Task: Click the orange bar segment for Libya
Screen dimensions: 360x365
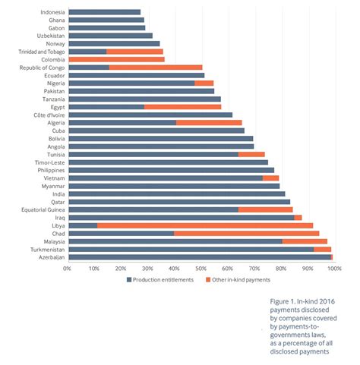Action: (205, 225)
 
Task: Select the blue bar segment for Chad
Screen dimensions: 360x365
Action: (122, 234)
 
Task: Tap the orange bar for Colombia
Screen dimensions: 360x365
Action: (117, 59)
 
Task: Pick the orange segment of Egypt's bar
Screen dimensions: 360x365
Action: (182, 107)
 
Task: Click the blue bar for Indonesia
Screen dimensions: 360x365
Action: (105, 12)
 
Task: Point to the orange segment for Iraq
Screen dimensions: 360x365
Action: (298, 218)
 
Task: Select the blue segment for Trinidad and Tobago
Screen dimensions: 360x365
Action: (87, 52)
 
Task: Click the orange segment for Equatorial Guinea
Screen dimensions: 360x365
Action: (265, 209)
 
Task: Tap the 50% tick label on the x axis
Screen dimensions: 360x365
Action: (201, 269)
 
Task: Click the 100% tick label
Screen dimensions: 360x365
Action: (334, 269)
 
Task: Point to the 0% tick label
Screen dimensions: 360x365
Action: (67, 269)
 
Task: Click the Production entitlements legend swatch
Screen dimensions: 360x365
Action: (129, 279)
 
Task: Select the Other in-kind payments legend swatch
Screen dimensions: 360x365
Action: (208, 279)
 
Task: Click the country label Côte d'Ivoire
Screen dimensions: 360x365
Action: (49, 115)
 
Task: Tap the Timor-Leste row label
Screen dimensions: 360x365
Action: (49, 162)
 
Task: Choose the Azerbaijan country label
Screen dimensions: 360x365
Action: (52, 257)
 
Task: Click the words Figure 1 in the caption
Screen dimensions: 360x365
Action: (283, 301)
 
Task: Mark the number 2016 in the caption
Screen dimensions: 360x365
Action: (327, 301)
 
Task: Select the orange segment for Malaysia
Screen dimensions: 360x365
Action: (305, 241)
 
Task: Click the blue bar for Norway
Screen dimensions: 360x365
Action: (114, 44)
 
